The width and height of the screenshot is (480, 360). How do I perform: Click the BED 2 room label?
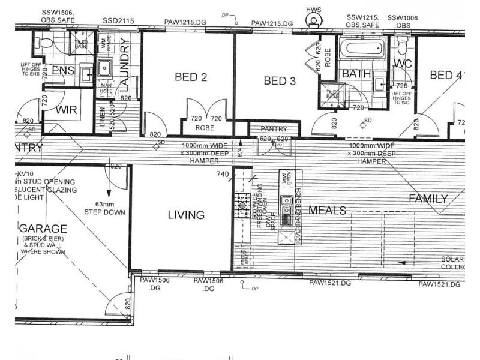[191, 77]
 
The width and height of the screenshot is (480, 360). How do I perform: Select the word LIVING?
[186, 215]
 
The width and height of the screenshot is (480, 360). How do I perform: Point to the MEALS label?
[328, 211]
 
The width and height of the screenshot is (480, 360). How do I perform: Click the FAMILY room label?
[428, 199]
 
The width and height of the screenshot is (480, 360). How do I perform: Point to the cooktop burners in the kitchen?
[243, 204]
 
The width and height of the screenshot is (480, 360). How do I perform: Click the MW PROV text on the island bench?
[284, 178]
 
